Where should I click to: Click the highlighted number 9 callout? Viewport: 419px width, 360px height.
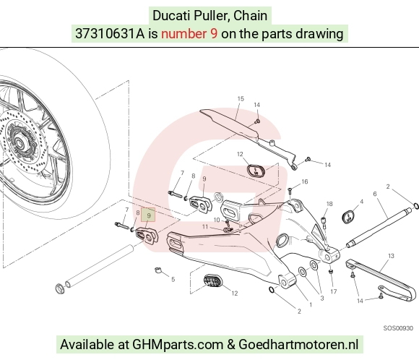click(x=148, y=215)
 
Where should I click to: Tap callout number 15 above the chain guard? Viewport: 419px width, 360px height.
click(x=241, y=99)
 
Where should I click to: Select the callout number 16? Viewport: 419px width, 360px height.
click(x=305, y=181)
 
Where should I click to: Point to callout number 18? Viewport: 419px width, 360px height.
click(x=329, y=204)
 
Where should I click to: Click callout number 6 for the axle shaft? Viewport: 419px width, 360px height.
click(x=375, y=194)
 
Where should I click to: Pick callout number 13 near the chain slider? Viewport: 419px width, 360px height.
click(x=391, y=256)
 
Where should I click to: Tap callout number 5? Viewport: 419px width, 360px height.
click(x=173, y=280)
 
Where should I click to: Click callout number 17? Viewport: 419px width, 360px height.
click(x=333, y=291)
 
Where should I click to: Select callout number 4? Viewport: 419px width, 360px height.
click(x=361, y=202)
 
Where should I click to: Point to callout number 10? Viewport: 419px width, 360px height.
click(x=217, y=220)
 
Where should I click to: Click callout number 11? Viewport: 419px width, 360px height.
click(x=204, y=227)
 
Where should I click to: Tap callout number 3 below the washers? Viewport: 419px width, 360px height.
click(x=322, y=299)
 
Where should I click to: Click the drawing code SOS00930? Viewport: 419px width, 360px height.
click(x=398, y=328)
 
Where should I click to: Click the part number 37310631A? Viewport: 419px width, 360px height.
click(x=110, y=34)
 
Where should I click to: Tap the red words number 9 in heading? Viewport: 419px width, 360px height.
click(x=189, y=34)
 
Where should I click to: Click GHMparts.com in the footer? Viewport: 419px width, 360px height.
click(x=178, y=345)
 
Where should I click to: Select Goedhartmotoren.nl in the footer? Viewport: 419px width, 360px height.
click(x=298, y=345)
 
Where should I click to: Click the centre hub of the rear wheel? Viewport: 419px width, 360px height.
click(x=19, y=142)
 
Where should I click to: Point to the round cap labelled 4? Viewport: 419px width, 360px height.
click(x=348, y=217)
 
